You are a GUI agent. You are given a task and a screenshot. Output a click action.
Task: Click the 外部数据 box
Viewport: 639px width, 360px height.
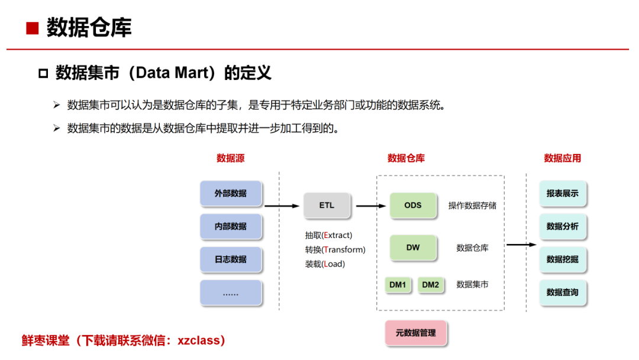coord(231,194)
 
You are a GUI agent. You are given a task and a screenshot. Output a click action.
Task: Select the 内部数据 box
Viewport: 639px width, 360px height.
coord(231,226)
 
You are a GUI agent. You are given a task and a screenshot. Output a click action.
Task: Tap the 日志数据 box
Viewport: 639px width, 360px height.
coord(231,259)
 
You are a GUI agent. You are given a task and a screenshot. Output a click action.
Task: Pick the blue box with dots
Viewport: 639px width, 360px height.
coord(231,292)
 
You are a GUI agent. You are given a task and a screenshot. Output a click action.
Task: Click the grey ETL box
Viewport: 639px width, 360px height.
coord(327,205)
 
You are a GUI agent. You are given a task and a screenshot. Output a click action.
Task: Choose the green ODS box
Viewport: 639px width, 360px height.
coord(413,205)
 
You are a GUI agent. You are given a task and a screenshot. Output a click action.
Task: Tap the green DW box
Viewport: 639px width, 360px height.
coord(413,247)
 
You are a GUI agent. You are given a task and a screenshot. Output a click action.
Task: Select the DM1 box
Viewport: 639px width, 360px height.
coord(398,285)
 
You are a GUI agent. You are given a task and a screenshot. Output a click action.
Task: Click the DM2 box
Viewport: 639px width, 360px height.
coord(431,285)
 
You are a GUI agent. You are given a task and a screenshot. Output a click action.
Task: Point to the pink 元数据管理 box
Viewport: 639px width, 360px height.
coord(415,333)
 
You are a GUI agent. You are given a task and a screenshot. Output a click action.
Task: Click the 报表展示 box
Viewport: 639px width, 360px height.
coord(563,194)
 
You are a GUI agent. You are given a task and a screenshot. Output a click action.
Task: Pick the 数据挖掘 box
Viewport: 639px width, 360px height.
coord(563,259)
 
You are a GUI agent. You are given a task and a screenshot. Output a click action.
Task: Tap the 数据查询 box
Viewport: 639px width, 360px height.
coord(563,292)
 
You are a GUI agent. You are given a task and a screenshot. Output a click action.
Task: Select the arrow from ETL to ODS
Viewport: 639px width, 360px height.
coord(370,206)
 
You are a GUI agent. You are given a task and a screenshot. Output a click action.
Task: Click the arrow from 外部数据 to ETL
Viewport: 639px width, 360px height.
coord(282,206)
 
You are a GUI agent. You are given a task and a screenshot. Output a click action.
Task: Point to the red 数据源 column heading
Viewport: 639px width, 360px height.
coord(231,158)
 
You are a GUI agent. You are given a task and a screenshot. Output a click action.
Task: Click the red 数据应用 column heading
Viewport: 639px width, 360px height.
coord(563,158)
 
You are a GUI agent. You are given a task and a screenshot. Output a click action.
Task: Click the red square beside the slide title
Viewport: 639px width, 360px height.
coord(33,28)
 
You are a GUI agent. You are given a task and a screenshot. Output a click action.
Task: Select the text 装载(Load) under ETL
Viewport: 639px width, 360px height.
coord(325,264)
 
